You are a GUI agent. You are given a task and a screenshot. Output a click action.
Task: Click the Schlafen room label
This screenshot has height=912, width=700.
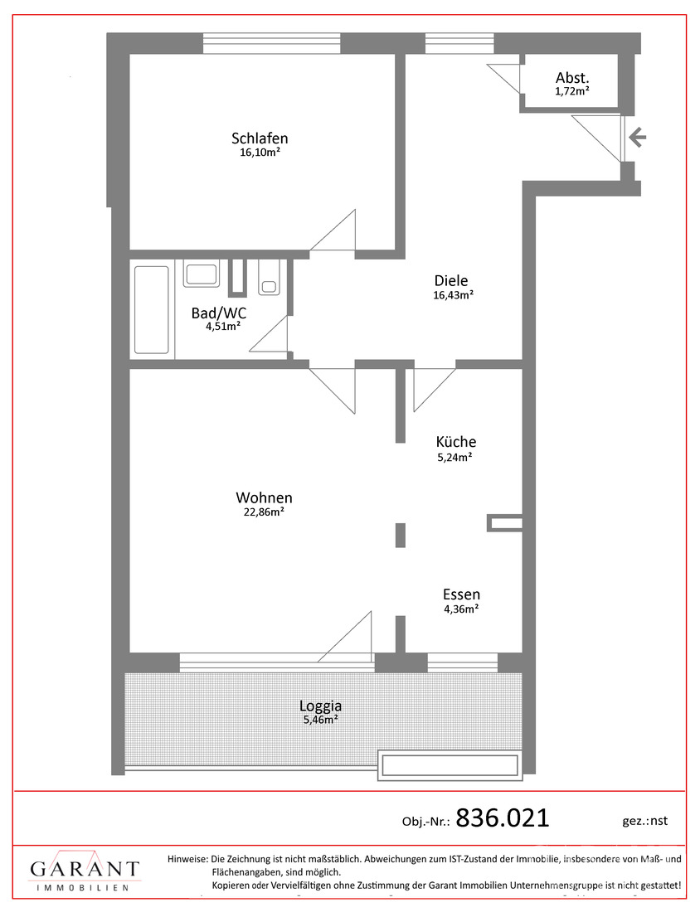click(260, 138)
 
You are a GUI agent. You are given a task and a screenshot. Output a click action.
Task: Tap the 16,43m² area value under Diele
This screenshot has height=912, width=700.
click(453, 295)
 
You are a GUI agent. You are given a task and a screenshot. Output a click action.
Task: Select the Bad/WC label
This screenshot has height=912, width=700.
click(219, 313)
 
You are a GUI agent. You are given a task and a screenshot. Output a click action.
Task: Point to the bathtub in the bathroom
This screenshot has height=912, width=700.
click(151, 308)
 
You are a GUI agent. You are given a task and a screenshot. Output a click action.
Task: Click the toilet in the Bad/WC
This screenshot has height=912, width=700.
click(269, 277)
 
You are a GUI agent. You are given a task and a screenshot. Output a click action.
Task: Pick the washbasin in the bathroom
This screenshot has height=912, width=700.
click(200, 274)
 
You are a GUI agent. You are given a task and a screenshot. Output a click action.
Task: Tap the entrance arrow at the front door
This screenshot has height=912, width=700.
click(637, 138)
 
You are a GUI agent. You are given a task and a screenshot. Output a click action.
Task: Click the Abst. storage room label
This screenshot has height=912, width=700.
click(572, 78)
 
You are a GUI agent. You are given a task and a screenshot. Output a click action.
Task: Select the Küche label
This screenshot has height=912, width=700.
click(456, 442)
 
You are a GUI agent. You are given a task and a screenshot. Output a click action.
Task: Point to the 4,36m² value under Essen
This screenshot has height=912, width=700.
click(461, 608)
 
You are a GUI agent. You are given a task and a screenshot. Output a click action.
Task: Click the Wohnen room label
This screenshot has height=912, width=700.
click(264, 498)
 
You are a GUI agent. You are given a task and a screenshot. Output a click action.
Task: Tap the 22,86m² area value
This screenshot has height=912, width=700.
click(263, 512)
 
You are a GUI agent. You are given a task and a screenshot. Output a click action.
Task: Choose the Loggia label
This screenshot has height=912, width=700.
click(320, 706)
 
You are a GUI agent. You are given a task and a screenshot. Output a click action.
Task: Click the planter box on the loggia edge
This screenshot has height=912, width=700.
click(450, 765)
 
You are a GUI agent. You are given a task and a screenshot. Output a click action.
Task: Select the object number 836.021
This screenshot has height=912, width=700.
click(503, 818)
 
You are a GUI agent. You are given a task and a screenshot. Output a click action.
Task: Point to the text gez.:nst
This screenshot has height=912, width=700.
click(644, 821)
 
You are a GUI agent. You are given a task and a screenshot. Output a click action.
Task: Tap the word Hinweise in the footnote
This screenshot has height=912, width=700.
click(187, 859)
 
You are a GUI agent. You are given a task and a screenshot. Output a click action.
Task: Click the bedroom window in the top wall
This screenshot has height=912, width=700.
click(271, 43)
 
